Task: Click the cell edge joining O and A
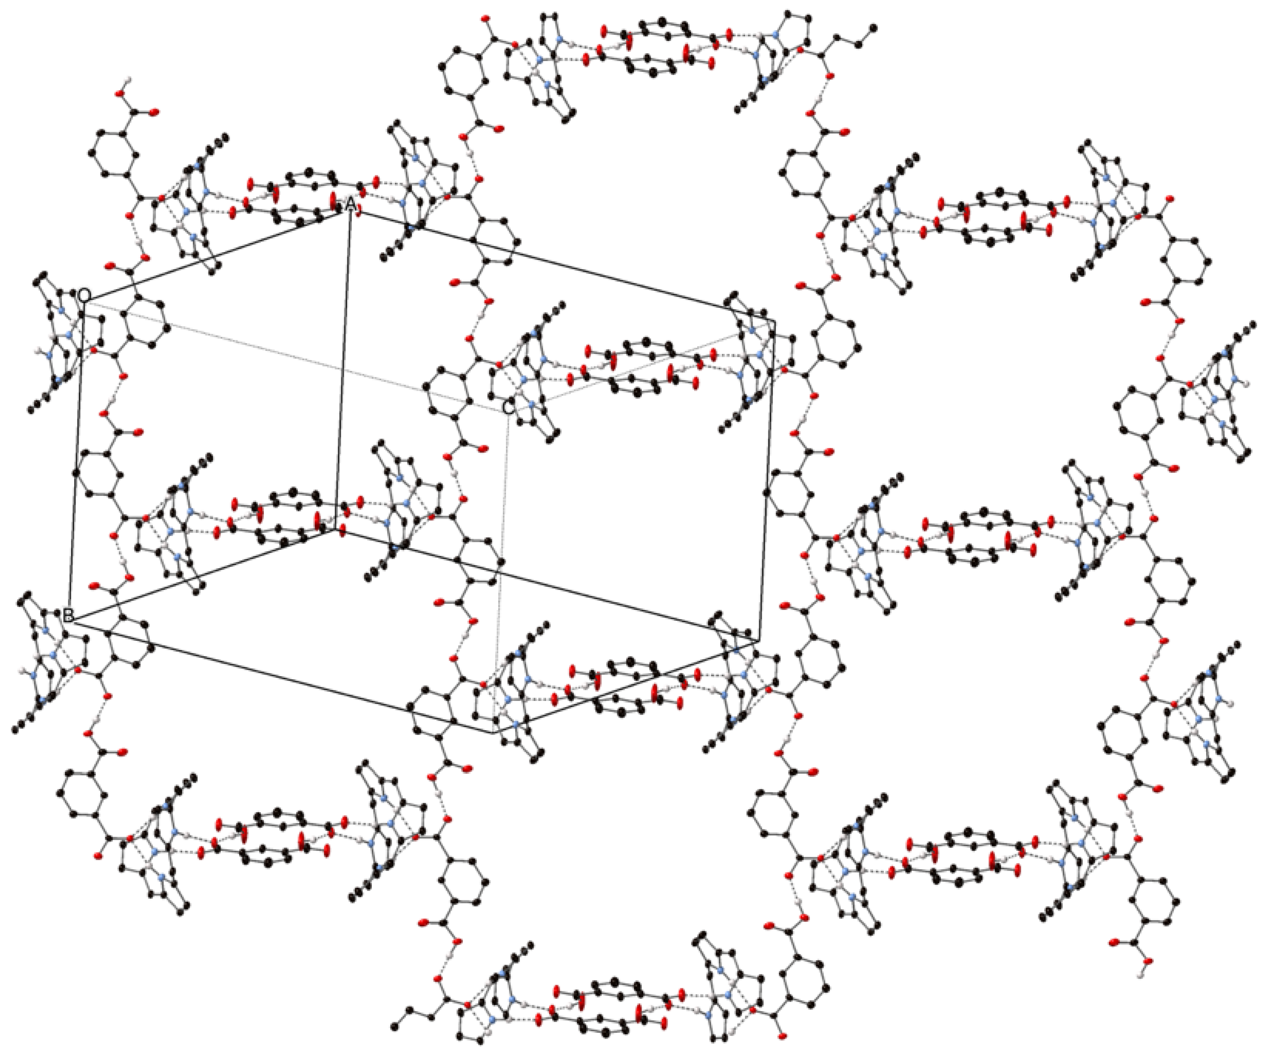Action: click(212, 254)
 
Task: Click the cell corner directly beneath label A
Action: click(336, 530)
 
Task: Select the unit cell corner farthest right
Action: click(775, 320)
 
